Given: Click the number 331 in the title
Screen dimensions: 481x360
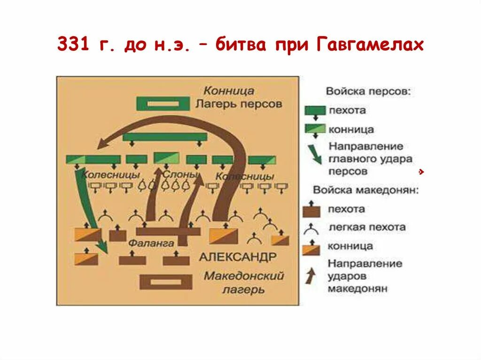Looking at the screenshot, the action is click(x=73, y=45).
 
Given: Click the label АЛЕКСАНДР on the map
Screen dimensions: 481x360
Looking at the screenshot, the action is click(x=238, y=257).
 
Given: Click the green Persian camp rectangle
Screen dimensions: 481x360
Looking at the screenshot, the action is click(x=163, y=104).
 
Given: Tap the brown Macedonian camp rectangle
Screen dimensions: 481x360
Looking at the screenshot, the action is click(x=166, y=282).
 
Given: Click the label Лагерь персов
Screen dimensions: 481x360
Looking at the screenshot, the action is click(x=239, y=104).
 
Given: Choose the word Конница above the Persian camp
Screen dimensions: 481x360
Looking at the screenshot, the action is click(x=229, y=91).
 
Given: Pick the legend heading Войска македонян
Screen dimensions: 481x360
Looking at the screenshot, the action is click(x=365, y=191).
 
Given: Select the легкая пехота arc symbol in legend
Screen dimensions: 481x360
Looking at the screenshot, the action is click(x=311, y=228).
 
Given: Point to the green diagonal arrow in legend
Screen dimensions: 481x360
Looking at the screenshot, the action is click(x=315, y=153).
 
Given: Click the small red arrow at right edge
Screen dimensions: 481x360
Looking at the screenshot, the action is click(x=422, y=172).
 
